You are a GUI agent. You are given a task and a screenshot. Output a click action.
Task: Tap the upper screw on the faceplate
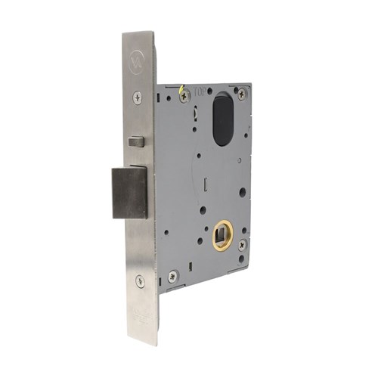click(x=138, y=98)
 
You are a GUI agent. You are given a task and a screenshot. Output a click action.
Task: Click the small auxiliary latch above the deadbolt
click(x=136, y=141)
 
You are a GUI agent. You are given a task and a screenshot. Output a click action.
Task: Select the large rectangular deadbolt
click(x=129, y=192)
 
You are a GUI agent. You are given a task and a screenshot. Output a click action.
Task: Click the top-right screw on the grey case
click(x=241, y=95)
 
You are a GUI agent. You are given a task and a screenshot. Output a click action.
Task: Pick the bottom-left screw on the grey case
click(x=172, y=277)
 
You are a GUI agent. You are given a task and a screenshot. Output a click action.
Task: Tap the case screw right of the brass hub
click(x=241, y=245)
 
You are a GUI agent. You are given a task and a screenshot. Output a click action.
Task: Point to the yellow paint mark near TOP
click(x=181, y=93)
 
